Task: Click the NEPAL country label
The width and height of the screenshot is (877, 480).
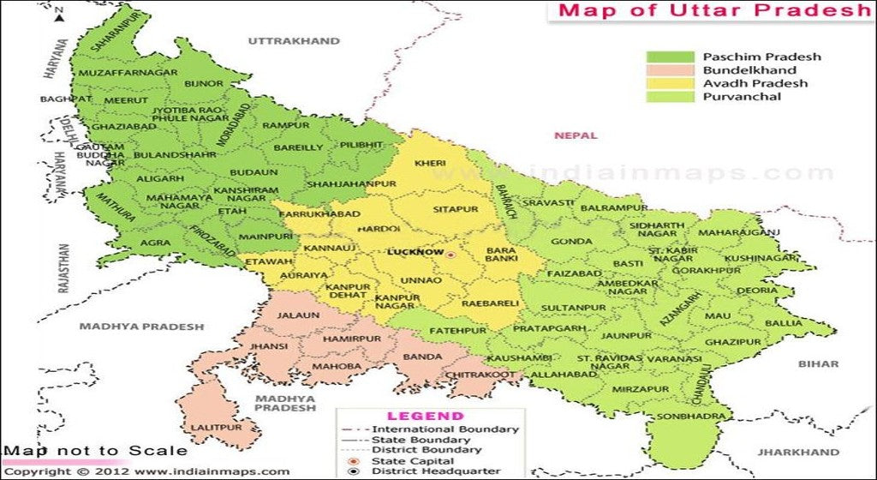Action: [x=574, y=135]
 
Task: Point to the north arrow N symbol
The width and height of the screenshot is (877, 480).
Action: [x=59, y=15]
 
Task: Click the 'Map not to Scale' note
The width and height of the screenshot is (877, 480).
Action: [x=94, y=451]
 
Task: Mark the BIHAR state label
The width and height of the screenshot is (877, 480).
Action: [x=818, y=364]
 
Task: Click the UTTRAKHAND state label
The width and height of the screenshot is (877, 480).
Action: [x=293, y=40]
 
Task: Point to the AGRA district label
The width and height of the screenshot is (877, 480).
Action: [x=155, y=243]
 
